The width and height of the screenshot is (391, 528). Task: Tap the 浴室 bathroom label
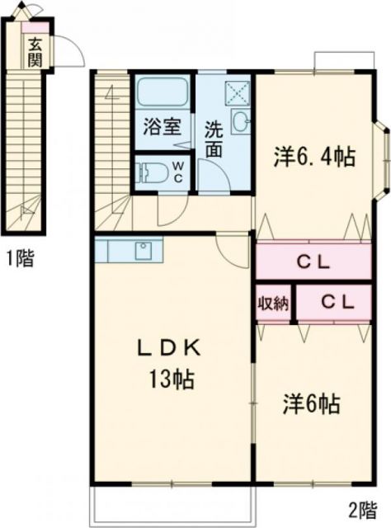click(x=162, y=128)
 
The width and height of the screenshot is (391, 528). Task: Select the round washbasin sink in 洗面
click(x=240, y=123)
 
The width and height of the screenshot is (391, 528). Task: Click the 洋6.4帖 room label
click(x=314, y=157)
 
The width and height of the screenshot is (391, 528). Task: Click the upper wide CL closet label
click(x=313, y=264)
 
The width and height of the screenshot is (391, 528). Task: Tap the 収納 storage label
click(x=273, y=303)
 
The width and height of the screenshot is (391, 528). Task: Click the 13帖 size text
click(x=172, y=380)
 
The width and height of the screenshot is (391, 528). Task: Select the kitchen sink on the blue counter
click(x=141, y=247)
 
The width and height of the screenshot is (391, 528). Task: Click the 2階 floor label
click(x=361, y=509)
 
